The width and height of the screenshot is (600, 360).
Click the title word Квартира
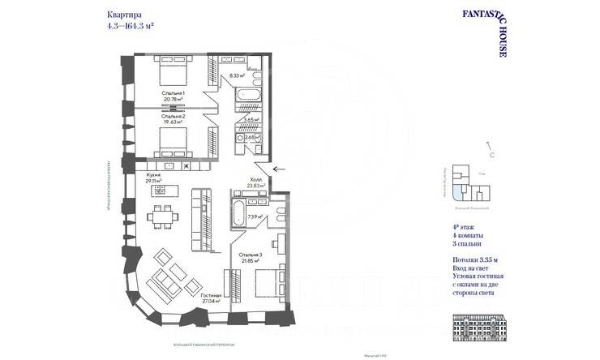[122, 15]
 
